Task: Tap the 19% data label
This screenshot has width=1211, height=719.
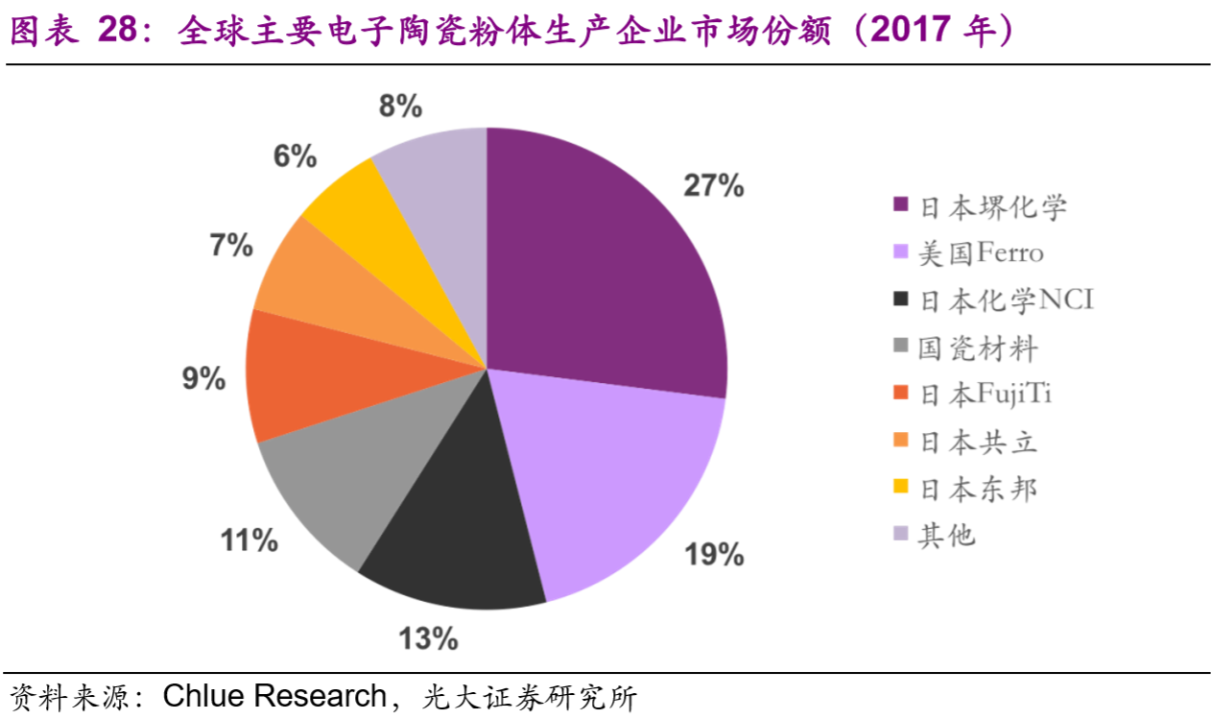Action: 713,554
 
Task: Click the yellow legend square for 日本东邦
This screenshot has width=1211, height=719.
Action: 900,489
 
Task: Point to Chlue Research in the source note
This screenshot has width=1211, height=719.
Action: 273,696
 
